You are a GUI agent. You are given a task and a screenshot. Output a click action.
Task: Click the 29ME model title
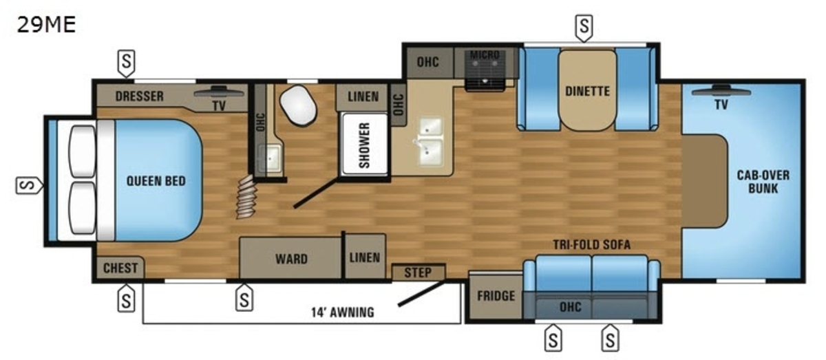tap(47, 25)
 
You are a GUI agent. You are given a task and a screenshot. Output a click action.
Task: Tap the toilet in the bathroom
tap(298, 105)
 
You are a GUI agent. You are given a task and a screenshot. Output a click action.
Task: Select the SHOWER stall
tap(364, 145)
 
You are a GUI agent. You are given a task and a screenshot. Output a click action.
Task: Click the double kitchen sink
tap(430, 141)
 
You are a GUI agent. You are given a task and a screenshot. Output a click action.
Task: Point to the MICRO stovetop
tap(485, 70)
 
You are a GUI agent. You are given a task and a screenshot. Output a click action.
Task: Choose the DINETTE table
tap(587, 90)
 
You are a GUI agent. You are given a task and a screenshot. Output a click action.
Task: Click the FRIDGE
tap(496, 296)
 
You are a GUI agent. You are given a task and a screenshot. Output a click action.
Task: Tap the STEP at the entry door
tap(419, 272)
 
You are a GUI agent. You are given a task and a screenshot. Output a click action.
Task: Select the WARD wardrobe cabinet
tap(291, 258)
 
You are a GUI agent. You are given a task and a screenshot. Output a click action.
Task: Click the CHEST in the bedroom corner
tap(120, 268)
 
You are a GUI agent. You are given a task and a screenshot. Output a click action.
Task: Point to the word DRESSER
tap(139, 96)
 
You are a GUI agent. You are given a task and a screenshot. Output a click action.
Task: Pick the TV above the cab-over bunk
tap(721, 91)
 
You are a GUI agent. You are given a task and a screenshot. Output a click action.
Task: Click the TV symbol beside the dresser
tap(219, 92)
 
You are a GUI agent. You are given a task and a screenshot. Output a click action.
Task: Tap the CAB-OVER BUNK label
tap(763, 182)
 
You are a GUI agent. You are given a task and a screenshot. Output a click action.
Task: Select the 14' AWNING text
tap(343, 313)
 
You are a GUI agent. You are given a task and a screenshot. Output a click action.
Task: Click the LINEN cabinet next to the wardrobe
tap(365, 257)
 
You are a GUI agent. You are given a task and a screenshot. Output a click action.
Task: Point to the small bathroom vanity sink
tap(270, 158)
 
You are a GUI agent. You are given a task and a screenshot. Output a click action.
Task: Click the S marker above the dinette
tap(584, 28)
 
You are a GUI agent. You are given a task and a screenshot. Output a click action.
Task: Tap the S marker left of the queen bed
tap(29, 185)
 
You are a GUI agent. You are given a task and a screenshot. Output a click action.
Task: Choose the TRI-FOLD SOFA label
tap(591, 244)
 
